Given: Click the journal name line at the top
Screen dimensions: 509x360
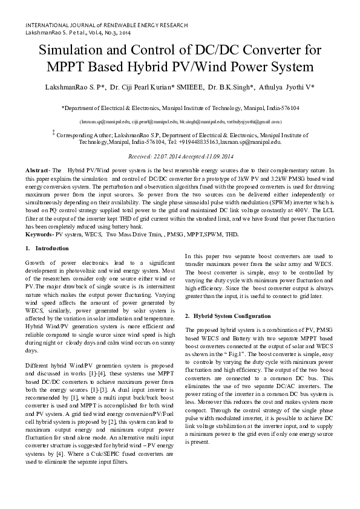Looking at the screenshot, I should tap(106, 25).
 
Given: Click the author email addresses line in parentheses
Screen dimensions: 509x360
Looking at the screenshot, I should tap(180, 122).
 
